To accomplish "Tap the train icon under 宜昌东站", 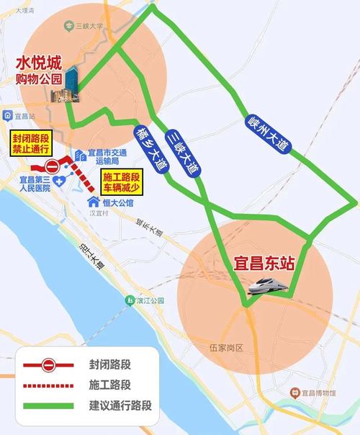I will point(268,287).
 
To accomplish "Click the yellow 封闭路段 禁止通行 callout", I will point(30,144).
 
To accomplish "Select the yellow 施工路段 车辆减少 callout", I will point(120,183).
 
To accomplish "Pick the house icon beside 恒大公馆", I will point(92,202).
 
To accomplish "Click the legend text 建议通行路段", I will point(120,405).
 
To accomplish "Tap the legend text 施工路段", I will point(109,385).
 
